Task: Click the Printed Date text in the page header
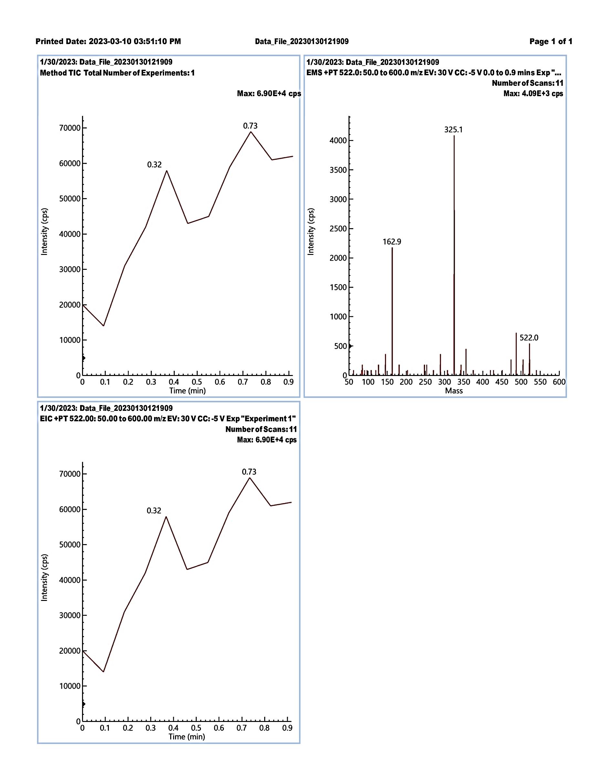(x=108, y=42)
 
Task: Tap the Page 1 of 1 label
(x=551, y=42)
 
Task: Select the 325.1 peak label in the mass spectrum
(x=453, y=130)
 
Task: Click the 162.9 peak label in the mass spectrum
(x=392, y=242)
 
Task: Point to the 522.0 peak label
(x=529, y=338)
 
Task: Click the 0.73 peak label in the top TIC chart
(x=250, y=126)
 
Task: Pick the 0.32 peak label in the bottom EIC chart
(x=154, y=511)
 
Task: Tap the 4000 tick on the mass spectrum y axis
(x=338, y=140)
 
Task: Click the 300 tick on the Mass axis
(x=444, y=382)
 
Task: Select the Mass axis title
(x=454, y=391)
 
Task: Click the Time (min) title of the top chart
(x=187, y=391)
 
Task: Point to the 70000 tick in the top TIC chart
(x=70, y=128)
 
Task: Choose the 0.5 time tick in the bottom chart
(x=196, y=728)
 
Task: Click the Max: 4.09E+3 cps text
(x=533, y=94)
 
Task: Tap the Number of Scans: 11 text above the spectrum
(x=527, y=83)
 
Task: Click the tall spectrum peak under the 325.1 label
(x=454, y=250)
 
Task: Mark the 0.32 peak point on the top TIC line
(x=167, y=171)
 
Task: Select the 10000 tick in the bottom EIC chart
(x=70, y=686)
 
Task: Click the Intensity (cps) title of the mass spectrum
(x=311, y=231)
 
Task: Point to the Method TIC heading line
(x=117, y=73)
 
